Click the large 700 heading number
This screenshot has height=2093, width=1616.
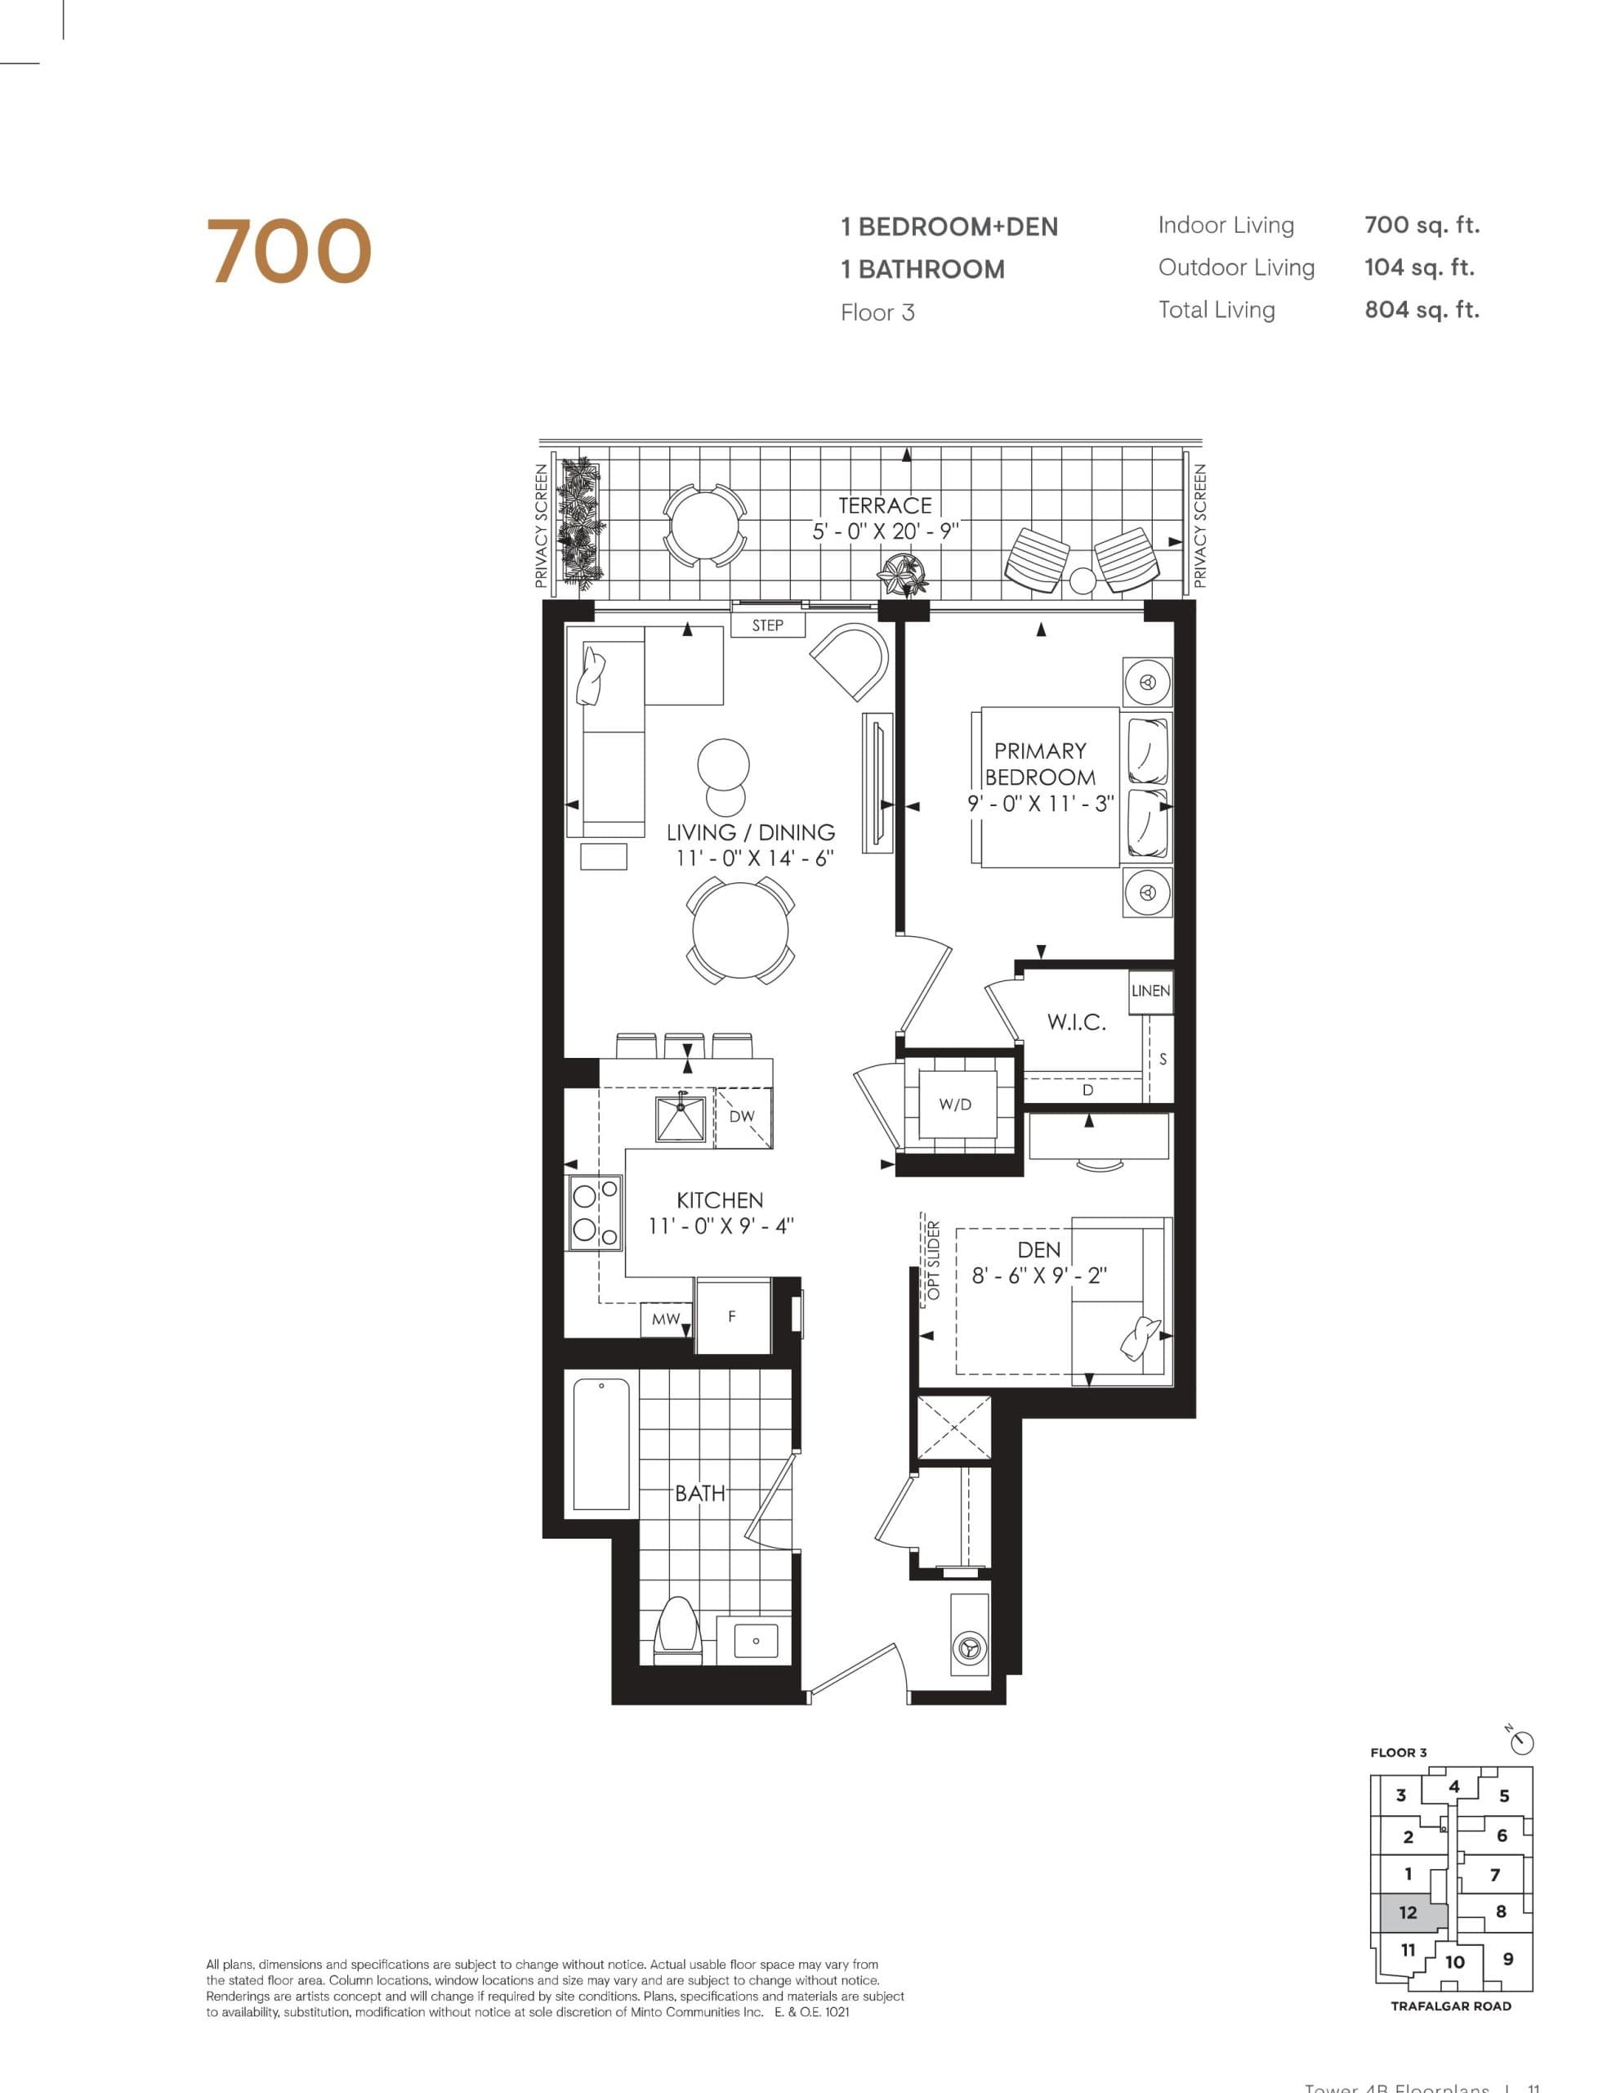pyautogui.click(x=288, y=251)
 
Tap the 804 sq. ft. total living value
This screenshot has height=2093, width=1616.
pyautogui.click(x=1421, y=310)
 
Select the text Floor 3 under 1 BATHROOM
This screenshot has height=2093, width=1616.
pyautogui.click(x=877, y=312)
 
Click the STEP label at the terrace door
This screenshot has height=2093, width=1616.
pyautogui.click(x=767, y=625)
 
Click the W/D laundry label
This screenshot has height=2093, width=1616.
pyautogui.click(x=955, y=1104)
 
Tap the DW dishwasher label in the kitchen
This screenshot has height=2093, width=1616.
pyautogui.click(x=742, y=1115)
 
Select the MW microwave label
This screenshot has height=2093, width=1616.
pyautogui.click(x=666, y=1319)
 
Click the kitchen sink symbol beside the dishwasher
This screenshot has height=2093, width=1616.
pyautogui.click(x=680, y=1118)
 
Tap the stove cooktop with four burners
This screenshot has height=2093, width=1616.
pyautogui.click(x=594, y=1212)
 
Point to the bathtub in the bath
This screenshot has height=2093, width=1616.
pyautogui.click(x=600, y=1443)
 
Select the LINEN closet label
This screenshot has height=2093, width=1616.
pyautogui.click(x=1150, y=990)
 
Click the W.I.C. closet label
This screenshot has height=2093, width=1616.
pyautogui.click(x=1076, y=1022)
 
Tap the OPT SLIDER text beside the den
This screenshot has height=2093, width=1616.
pyautogui.click(x=934, y=1259)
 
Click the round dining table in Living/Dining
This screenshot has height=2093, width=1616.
pyautogui.click(x=739, y=930)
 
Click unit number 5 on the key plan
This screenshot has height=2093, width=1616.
pyautogui.click(x=1504, y=1796)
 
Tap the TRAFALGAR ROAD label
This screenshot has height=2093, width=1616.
pyautogui.click(x=1450, y=2006)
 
